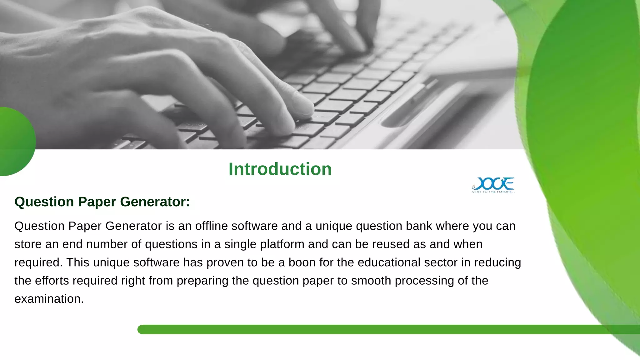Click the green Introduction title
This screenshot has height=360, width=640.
click(x=280, y=169)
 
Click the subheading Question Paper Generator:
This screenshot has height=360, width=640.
click(x=102, y=202)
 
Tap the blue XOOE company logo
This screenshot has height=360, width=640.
click(x=493, y=183)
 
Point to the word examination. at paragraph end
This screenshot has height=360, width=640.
click(x=49, y=299)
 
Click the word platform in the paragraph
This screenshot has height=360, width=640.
click(x=282, y=244)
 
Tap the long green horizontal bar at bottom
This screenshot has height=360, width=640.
click(x=375, y=329)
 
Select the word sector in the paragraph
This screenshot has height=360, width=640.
click(x=441, y=262)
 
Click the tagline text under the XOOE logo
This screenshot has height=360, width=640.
click(x=492, y=192)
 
